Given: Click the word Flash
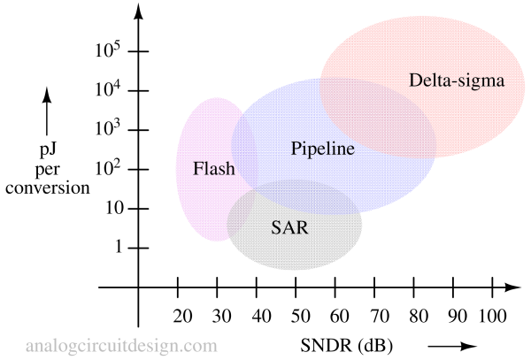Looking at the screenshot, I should (x=214, y=168).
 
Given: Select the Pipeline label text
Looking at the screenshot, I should (x=322, y=149).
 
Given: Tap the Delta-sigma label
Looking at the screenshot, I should (x=456, y=80).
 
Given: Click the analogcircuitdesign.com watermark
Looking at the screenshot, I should (x=121, y=345).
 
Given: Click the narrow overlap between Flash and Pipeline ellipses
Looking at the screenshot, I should (x=245, y=150).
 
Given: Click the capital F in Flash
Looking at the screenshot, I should (x=198, y=168).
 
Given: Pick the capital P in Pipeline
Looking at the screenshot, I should (x=296, y=149).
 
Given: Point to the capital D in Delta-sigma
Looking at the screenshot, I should (x=415, y=80).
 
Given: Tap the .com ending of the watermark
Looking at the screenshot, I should (x=200, y=345).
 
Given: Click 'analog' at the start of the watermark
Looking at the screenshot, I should (x=49, y=345).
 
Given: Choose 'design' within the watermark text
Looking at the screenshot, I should (x=157, y=345).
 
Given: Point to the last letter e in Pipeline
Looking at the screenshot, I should (x=350, y=149).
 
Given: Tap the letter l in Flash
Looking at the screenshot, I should (x=207, y=168).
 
